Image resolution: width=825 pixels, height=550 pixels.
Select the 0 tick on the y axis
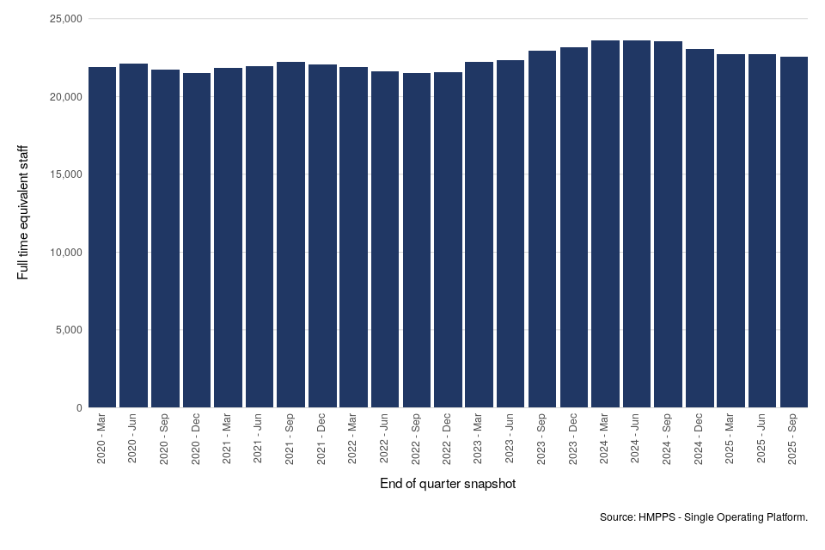click(x=78, y=407)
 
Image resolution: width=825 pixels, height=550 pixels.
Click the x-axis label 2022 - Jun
click(x=385, y=440)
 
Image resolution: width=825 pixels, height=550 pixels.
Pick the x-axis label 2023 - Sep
click(x=542, y=440)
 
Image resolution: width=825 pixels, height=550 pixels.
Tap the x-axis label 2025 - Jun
click(x=762, y=440)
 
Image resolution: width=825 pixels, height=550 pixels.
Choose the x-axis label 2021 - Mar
click(x=228, y=440)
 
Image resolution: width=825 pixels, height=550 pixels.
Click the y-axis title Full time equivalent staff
click(x=23, y=212)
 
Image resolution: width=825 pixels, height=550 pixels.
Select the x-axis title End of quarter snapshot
click(x=448, y=484)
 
